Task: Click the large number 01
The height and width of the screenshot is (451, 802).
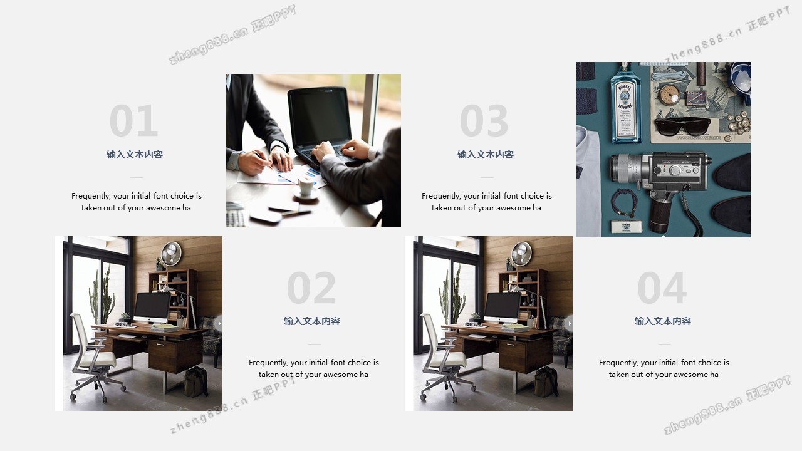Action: (133, 121)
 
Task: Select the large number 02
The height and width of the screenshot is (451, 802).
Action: (311, 288)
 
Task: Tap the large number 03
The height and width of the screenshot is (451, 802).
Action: (484, 121)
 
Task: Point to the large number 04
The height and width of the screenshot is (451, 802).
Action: (662, 288)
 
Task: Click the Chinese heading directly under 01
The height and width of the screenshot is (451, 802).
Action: (135, 155)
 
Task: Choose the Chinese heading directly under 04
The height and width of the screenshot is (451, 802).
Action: (663, 321)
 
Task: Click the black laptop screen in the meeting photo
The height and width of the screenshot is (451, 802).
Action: (320, 117)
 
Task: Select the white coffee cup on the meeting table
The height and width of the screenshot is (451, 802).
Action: (306, 186)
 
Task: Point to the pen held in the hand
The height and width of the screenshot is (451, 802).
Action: (263, 160)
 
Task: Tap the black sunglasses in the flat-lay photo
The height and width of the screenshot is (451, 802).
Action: (682, 127)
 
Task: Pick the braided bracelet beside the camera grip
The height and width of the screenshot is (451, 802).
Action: (625, 203)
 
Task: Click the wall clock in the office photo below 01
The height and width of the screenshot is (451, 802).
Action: (171, 254)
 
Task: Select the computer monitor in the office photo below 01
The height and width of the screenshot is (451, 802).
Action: (152, 307)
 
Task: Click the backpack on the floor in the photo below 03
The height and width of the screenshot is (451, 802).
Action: (546, 381)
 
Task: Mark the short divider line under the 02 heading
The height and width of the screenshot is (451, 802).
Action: (314, 344)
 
